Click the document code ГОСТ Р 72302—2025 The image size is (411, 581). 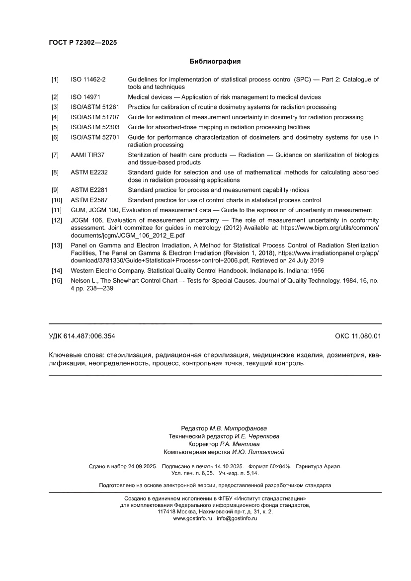coord(82,43)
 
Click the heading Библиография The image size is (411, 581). coord(215,62)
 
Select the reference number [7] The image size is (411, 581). coord(55,155)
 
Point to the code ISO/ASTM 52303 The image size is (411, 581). coord(95,127)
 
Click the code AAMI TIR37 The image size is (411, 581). coord(87,155)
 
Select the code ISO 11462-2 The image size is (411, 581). coord(88,80)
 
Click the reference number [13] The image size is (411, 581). coord(57,246)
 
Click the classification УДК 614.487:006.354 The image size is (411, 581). coord(82,336)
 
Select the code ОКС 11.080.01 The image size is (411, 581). coord(358,336)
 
